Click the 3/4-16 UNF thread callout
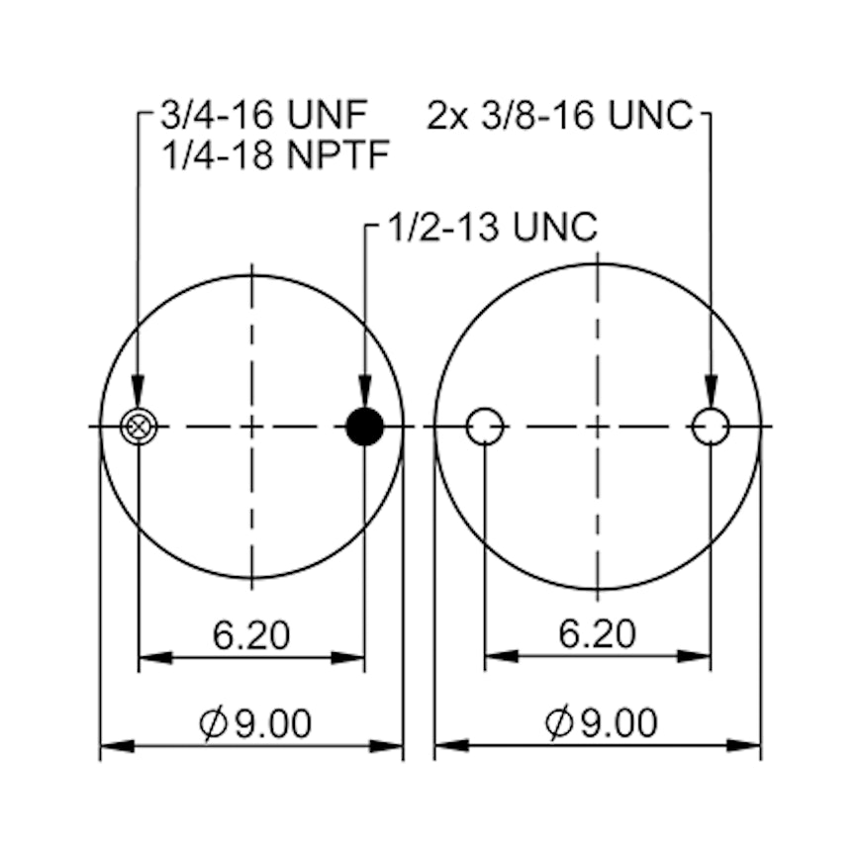tap(264, 115)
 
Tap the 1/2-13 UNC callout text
tap(493, 227)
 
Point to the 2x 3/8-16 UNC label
tap(559, 115)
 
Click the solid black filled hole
tap(364, 427)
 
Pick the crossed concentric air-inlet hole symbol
tap(138, 427)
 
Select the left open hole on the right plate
tap(485, 427)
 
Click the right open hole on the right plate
tap(711, 427)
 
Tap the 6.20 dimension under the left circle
tap(251, 635)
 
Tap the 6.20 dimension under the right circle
tap(598, 633)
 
